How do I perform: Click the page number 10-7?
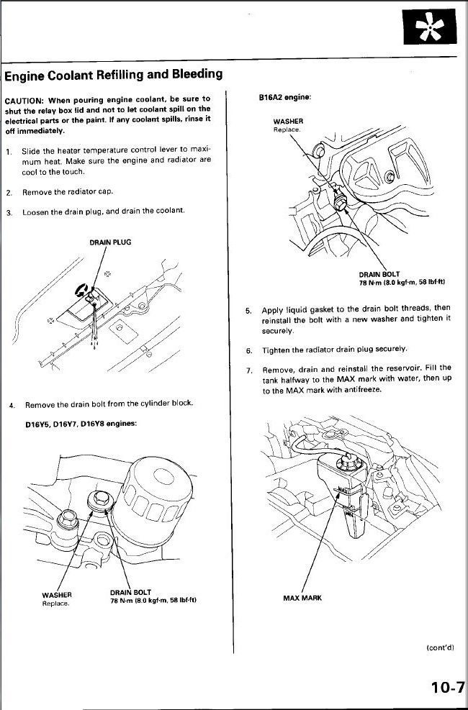pyautogui.click(x=447, y=687)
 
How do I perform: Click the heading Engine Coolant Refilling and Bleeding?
pyautogui.click(x=113, y=75)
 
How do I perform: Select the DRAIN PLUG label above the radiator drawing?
pyautogui.click(x=110, y=242)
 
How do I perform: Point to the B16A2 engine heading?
pyautogui.click(x=284, y=96)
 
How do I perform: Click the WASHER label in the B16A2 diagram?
pyautogui.click(x=288, y=122)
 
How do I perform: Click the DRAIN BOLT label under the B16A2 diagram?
pyautogui.click(x=379, y=274)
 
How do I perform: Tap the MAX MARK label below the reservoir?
pyautogui.click(x=302, y=598)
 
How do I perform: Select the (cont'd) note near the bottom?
pyautogui.click(x=440, y=647)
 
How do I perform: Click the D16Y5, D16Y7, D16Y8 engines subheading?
pyautogui.click(x=81, y=423)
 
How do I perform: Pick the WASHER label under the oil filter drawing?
pyautogui.click(x=56, y=594)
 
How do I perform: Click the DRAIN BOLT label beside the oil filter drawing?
pyautogui.click(x=130, y=592)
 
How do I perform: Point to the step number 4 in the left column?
pyautogui.click(x=12, y=406)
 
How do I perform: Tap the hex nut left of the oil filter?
pyautogui.click(x=70, y=516)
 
